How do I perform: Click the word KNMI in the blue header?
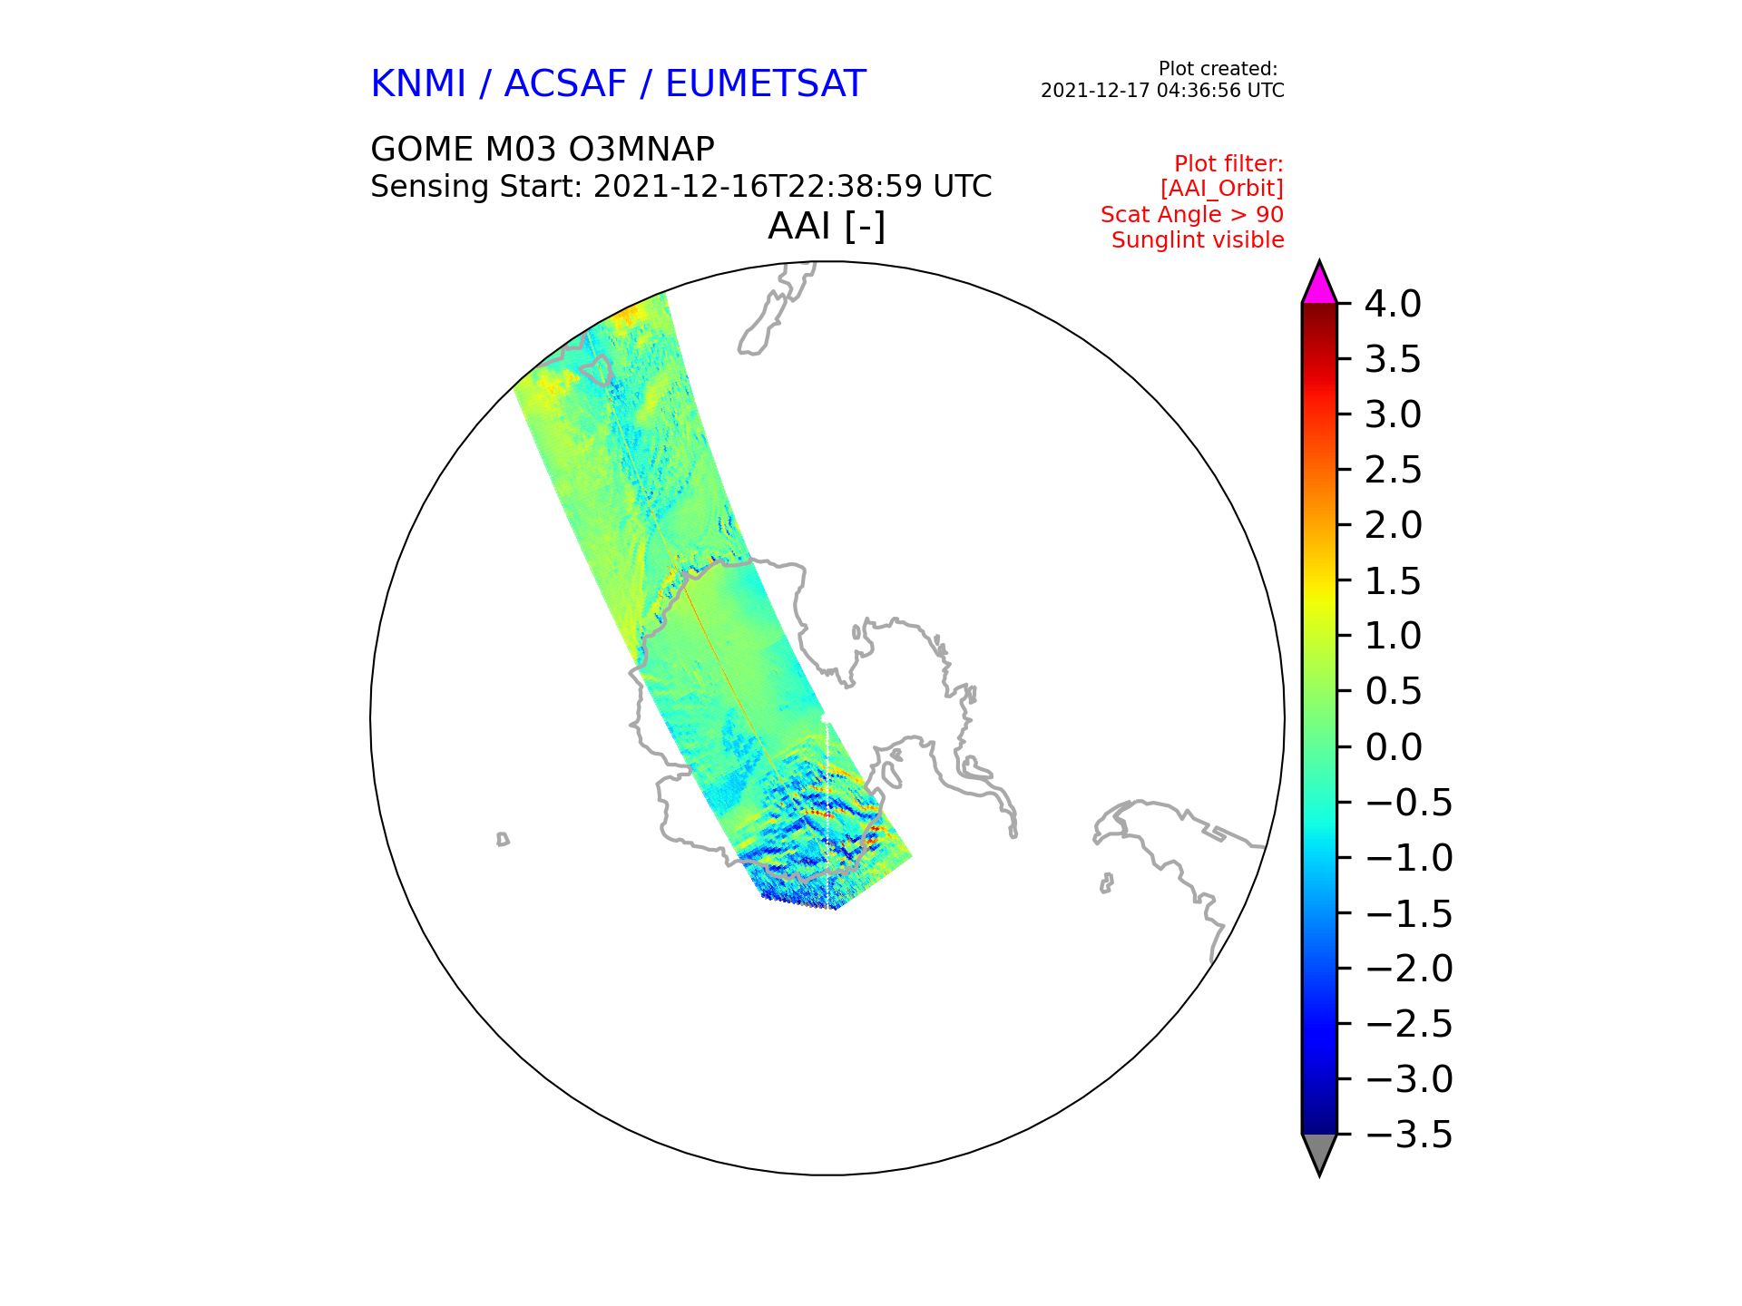(418, 84)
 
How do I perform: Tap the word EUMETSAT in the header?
(766, 84)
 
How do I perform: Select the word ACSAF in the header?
(565, 84)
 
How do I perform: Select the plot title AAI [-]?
(827, 226)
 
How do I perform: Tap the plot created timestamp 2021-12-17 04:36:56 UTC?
(1162, 91)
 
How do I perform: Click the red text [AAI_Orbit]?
(1222, 189)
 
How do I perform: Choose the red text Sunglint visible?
(1198, 240)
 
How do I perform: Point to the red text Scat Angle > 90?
(1192, 215)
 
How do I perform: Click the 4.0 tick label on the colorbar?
(1393, 305)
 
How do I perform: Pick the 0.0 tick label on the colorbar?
(1393, 747)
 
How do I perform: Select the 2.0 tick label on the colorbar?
(1393, 525)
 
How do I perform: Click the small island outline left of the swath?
(503, 839)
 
